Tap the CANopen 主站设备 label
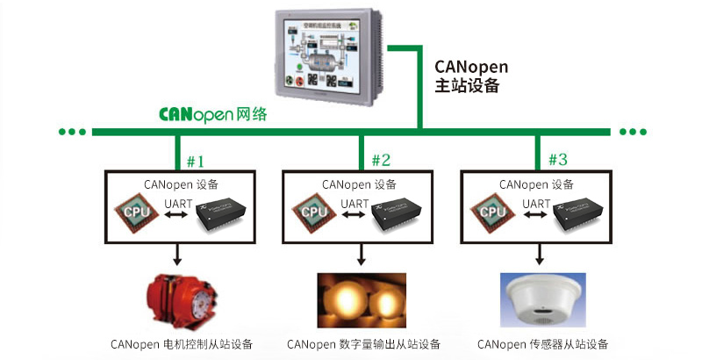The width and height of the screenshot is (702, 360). click(471, 76)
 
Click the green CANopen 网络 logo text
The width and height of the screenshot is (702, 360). click(212, 115)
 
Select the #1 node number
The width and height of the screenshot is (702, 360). click(195, 161)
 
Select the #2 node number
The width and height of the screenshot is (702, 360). click(381, 161)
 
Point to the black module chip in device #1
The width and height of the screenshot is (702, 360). click(220, 215)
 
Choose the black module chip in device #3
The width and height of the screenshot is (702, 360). click(576, 215)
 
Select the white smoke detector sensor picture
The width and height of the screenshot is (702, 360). click(541, 300)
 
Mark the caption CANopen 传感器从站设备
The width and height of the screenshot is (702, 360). click(542, 344)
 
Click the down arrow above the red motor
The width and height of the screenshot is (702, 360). click(178, 255)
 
